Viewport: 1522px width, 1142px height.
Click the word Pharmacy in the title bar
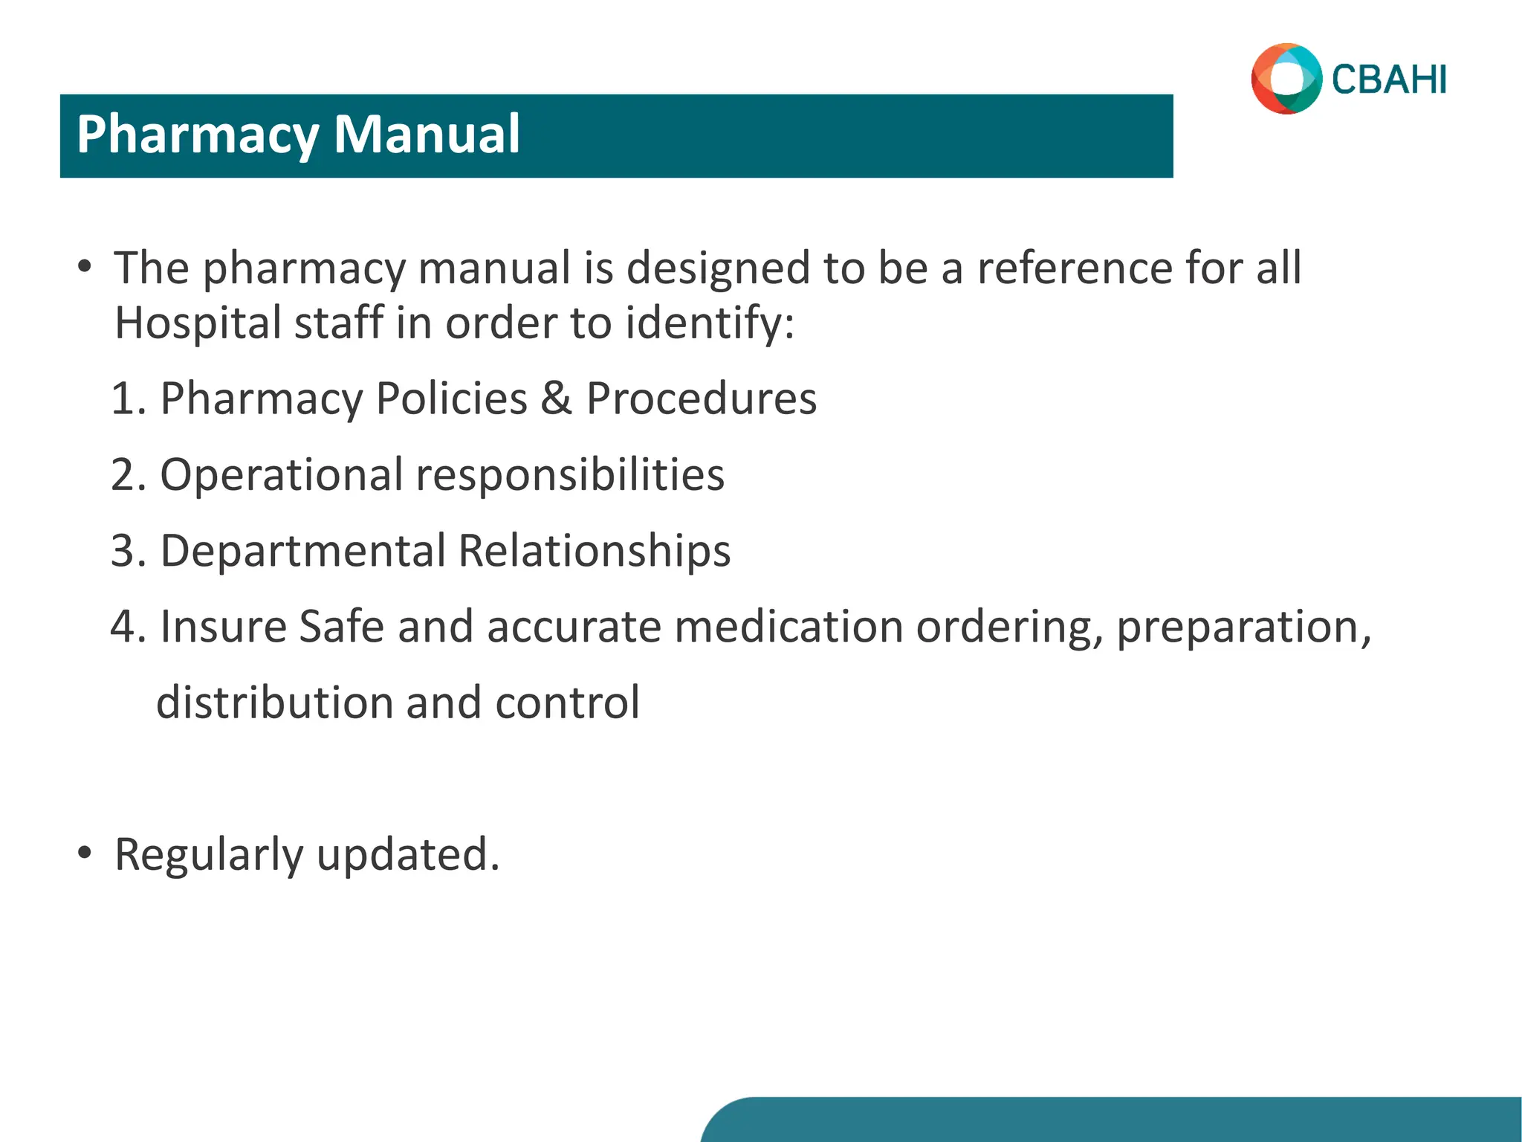click(x=197, y=135)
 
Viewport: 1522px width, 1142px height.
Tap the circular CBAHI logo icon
click(x=1286, y=79)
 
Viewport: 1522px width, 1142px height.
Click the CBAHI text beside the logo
click(x=1388, y=80)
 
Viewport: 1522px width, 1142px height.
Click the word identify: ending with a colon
click(x=710, y=323)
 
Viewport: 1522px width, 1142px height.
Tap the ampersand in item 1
click(x=556, y=399)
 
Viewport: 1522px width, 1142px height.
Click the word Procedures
click(x=701, y=399)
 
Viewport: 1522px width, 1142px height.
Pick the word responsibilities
click(x=570, y=475)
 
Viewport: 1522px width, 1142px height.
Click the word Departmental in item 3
click(x=302, y=551)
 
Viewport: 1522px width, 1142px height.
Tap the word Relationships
click(x=594, y=551)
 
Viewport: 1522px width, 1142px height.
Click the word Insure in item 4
click(x=223, y=627)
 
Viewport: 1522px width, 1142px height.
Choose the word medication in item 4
click(x=788, y=627)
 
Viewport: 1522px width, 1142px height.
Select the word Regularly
click(x=209, y=855)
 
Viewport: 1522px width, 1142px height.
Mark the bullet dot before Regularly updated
click(x=85, y=853)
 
